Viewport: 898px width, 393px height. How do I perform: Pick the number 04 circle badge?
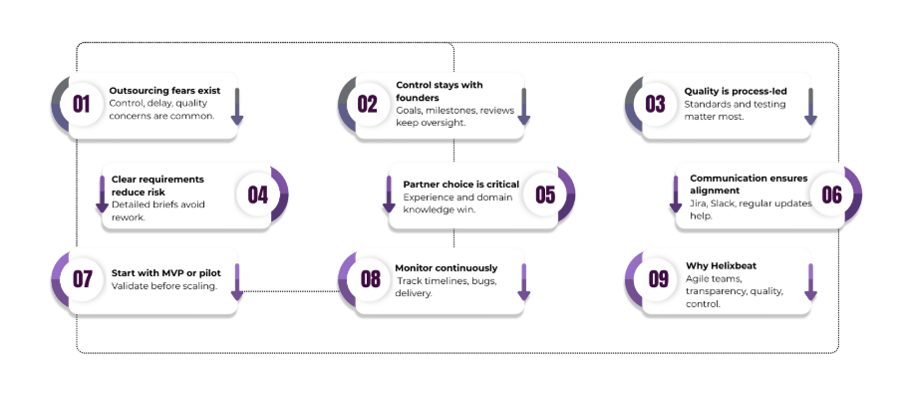pyautogui.click(x=257, y=195)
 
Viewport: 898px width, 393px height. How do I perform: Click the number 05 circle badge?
pyautogui.click(x=544, y=195)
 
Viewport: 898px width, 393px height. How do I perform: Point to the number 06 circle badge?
pyautogui.click(x=831, y=195)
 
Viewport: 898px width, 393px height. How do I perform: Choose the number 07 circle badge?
pyautogui.click(x=82, y=278)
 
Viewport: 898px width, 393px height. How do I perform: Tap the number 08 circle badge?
pyautogui.click(x=370, y=278)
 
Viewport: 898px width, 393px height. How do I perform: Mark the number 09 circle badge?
pyautogui.click(x=657, y=278)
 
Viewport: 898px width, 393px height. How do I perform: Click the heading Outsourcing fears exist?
pyautogui.click(x=164, y=90)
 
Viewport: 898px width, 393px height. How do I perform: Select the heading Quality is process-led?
pyautogui.click(x=735, y=91)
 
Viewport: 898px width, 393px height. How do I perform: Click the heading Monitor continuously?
pyautogui.click(x=447, y=268)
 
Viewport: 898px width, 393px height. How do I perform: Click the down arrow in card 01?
pyautogui.click(x=237, y=107)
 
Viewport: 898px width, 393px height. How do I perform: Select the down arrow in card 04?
pyautogui.click(x=102, y=194)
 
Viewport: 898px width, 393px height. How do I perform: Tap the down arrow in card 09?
pyautogui.click(x=810, y=282)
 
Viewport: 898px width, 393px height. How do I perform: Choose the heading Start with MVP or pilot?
pyautogui.click(x=166, y=272)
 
